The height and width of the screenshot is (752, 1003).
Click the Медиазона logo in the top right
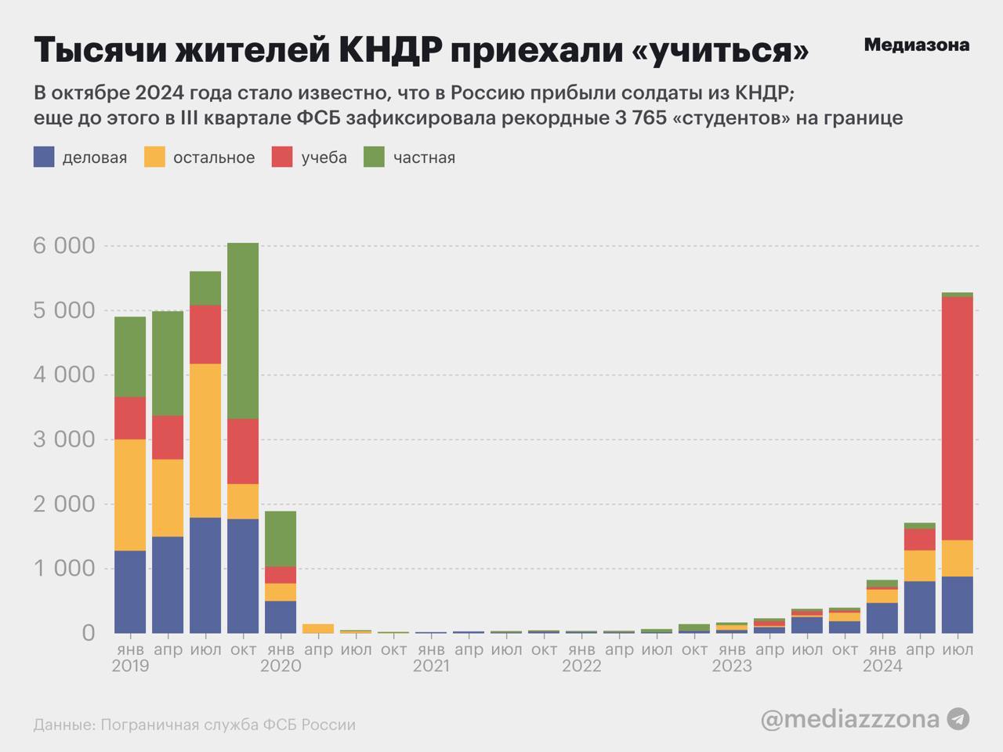tap(916, 45)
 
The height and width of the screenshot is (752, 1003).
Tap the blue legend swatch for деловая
tap(44, 157)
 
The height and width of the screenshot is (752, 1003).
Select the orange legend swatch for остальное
tap(154, 157)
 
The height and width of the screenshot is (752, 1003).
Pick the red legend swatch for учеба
tap(282, 157)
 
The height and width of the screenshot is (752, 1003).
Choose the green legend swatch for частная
tap(375, 157)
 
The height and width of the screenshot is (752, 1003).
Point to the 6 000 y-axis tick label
tap(63, 246)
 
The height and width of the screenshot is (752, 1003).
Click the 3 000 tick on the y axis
tap(63, 439)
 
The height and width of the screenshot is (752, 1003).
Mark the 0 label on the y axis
tap(88, 632)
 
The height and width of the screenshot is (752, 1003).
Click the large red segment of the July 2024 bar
tap(957, 418)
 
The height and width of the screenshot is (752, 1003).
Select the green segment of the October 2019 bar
tap(243, 331)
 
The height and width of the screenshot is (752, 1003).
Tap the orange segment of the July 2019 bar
tap(205, 440)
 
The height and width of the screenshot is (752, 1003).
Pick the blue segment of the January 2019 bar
tap(130, 591)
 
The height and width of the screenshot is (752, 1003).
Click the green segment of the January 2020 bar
tap(281, 539)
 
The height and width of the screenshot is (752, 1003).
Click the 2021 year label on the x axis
tap(431, 667)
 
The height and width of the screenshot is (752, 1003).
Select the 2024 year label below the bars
tap(882, 667)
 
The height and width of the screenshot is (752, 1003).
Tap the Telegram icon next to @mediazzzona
tap(958, 718)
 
